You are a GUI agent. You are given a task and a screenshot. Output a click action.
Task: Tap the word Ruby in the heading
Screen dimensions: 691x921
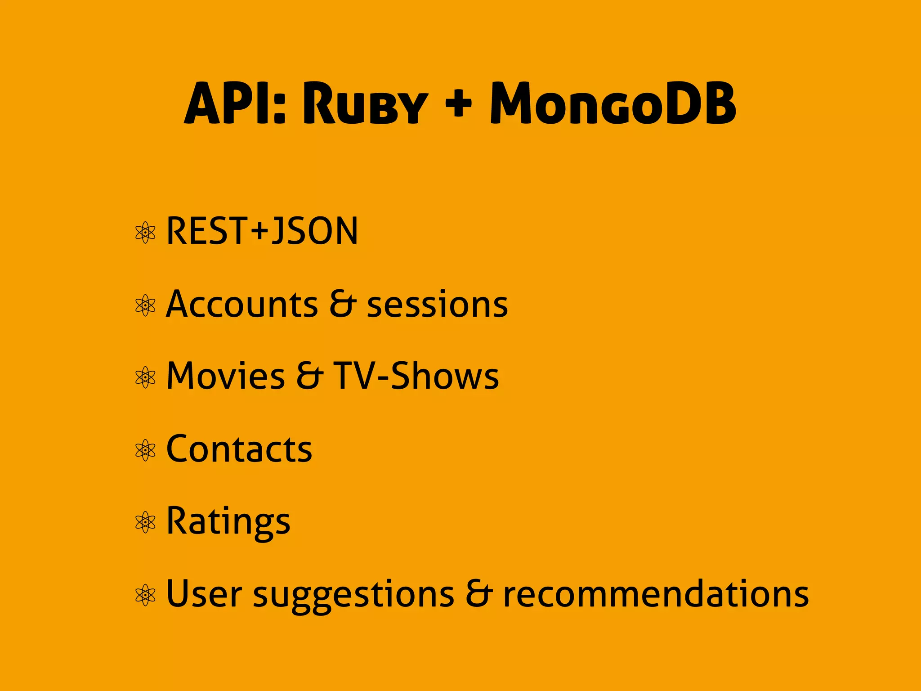[365, 104]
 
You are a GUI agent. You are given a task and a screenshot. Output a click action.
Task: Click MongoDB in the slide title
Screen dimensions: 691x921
[613, 104]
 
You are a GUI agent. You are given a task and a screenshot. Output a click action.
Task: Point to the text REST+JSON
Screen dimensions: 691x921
[262, 231]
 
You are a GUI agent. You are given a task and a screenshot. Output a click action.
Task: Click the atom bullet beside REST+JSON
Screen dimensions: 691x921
[145, 233]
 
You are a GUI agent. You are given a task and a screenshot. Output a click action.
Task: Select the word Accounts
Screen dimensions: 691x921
[242, 305]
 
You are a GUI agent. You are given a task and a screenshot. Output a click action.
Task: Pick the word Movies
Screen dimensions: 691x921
[225, 376]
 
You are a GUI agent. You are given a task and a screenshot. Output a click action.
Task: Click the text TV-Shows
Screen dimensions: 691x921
[416, 376]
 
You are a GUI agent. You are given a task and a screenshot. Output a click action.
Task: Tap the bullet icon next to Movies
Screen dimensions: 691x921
[145, 377]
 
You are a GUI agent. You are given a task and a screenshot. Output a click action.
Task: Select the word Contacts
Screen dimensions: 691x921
[239, 449]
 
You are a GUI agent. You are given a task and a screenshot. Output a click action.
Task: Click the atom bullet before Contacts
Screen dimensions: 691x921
[145, 450]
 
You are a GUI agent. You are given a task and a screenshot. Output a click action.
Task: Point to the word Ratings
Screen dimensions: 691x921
[228, 522]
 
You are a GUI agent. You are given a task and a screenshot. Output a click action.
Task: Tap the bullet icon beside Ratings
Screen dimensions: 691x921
[145, 522]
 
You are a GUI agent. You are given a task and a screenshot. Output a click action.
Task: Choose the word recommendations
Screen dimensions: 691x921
[656, 594]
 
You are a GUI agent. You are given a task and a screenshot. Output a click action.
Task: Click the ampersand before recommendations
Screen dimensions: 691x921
[479, 593]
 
